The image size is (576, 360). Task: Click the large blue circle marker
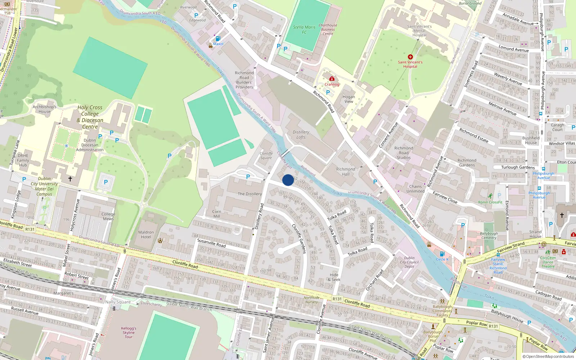tap(288, 180)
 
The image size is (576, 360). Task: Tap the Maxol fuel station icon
tap(218, 39)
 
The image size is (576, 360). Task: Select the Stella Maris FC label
tap(304, 30)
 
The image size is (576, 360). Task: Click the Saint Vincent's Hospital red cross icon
tap(410, 57)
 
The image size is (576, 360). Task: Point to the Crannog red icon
tap(332, 78)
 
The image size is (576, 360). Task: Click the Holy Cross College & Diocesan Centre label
tap(90, 117)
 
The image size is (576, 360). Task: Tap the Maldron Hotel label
tap(146, 234)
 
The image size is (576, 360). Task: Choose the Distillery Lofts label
tap(301, 135)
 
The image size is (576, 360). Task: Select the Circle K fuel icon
tap(442, 254)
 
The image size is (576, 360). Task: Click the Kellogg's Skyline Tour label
tap(129, 332)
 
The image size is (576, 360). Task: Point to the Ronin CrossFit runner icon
tap(490, 196)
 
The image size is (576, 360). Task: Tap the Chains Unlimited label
tap(415, 189)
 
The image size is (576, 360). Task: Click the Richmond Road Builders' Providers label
tap(244, 80)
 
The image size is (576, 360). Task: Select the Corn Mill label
tap(217, 214)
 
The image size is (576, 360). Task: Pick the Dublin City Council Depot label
tap(409, 262)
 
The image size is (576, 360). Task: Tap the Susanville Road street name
tap(211, 243)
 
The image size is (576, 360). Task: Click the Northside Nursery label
tap(311, 300)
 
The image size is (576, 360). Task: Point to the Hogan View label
tap(348, 99)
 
